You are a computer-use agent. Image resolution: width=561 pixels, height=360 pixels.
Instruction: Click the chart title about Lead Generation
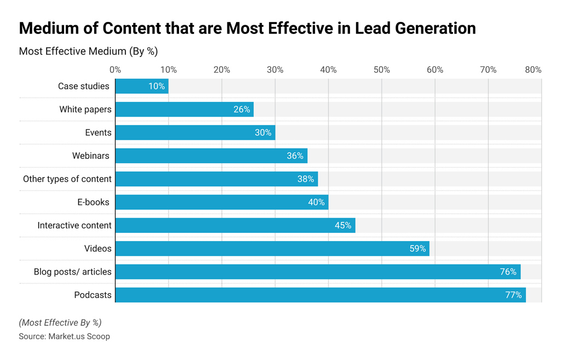coord(247,28)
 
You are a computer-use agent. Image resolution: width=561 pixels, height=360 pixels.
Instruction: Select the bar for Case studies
coord(141,86)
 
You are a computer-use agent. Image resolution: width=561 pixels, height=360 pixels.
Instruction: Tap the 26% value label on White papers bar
coord(242,110)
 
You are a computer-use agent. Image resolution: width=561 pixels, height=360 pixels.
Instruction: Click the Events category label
coord(98,133)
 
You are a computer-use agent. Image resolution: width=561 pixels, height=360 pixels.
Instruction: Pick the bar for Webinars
coord(211,156)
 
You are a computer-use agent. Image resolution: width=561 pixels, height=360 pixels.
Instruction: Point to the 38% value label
coord(306,179)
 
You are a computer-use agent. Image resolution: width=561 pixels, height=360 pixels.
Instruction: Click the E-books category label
coord(93,202)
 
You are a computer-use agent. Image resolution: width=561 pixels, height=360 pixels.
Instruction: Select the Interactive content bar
coord(235,225)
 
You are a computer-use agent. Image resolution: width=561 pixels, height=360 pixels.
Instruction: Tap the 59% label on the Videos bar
coord(417,249)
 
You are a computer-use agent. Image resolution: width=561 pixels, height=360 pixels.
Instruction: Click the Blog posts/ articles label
coord(72,272)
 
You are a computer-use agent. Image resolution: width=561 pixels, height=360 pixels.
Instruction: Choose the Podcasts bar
coord(320,295)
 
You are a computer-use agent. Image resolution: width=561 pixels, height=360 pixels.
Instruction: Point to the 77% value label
coord(513,295)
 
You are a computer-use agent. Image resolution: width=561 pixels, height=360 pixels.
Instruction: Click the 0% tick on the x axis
coord(115,70)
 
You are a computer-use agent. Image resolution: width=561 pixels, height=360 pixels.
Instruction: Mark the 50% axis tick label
coord(382,70)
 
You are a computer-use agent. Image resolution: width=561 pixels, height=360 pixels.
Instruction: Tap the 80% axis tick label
coord(533,70)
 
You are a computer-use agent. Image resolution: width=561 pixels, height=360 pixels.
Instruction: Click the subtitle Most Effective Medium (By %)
coord(88,52)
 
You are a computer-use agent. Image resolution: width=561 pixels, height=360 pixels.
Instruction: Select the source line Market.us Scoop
coord(64,336)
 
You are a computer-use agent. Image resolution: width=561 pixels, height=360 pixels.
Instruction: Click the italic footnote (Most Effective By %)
coord(60,323)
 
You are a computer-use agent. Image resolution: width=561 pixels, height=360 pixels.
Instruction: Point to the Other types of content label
coord(67,179)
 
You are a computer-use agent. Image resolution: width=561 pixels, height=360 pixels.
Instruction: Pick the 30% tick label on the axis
coord(275,70)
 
